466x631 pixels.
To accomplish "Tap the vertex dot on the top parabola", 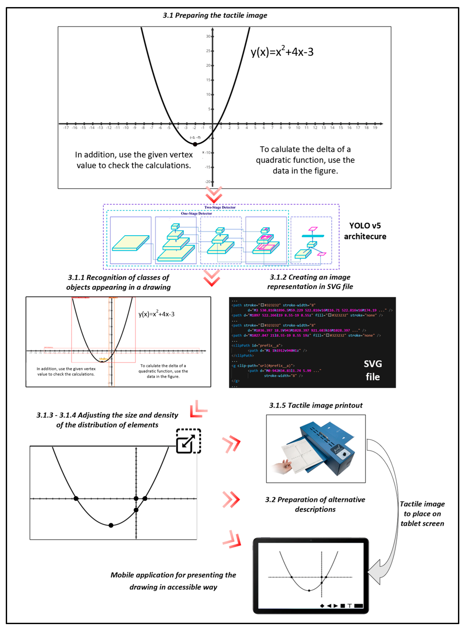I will (x=195, y=144).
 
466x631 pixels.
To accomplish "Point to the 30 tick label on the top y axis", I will (x=208, y=36).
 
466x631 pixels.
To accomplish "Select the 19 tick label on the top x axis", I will (x=375, y=128).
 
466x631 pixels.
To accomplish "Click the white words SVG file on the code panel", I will (x=373, y=370).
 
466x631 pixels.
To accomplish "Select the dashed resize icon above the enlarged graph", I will (x=188, y=441).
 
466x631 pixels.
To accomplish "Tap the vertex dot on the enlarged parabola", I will (x=111, y=525).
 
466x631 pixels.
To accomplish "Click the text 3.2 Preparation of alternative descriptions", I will (x=315, y=504).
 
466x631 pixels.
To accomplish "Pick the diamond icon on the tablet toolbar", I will (x=322, y=606).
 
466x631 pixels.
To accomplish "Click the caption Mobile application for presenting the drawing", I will (x=173, y=581).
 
